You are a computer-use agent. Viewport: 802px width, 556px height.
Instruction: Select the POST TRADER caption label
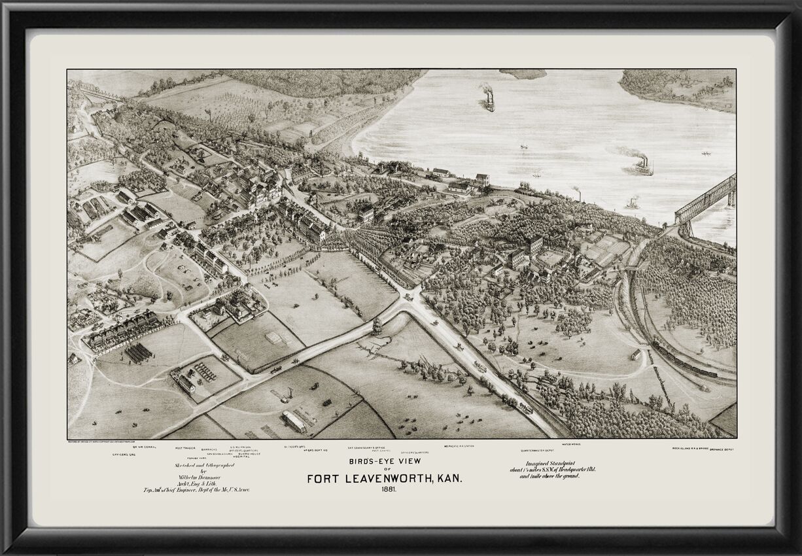pos(187,448)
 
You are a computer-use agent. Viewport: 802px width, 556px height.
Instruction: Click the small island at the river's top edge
pos(523,74)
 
